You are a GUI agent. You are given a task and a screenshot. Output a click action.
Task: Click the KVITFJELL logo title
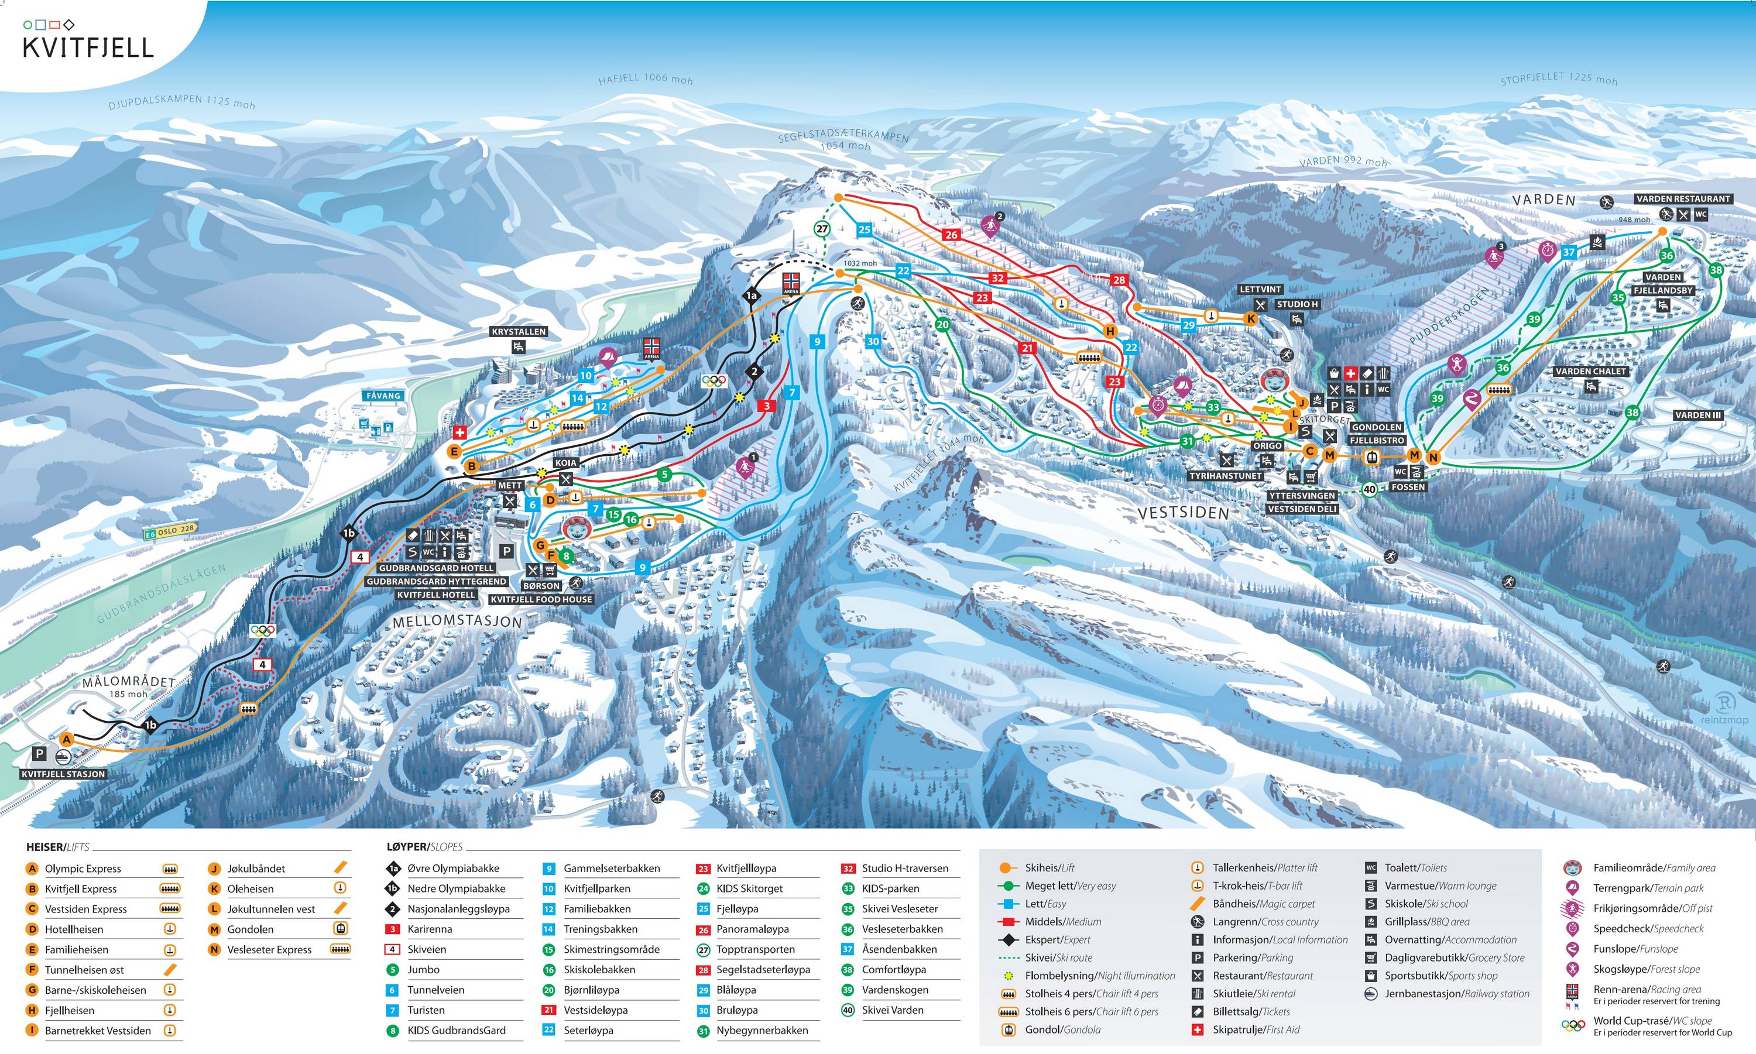pos(88,47)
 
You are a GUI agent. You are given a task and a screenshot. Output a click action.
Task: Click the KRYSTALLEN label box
pos(519,332)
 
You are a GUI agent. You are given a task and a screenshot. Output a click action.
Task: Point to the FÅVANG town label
pos(383,396)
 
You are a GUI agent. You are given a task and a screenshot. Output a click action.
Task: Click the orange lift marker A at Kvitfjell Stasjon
pos(66,739)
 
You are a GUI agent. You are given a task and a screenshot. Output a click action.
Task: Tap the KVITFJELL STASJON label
pos(63,774)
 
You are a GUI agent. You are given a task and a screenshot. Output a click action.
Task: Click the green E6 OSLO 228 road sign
pos(170,531)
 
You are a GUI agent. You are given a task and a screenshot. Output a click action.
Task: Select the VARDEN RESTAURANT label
pos(1683,199)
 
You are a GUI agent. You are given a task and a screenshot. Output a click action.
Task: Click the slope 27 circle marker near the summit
pos(822,229)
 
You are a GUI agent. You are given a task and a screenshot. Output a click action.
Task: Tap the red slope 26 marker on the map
pos(951,234)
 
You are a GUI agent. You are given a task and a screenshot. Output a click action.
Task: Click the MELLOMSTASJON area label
pos(457,622)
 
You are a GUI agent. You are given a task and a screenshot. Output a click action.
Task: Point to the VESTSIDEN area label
pos(1183,513)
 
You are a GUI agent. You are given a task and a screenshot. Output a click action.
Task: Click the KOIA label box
pos(565,462)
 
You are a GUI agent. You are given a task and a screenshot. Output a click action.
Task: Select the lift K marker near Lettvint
pos(1251,319)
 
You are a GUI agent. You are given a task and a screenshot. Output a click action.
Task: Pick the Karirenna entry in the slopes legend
pos(429,929)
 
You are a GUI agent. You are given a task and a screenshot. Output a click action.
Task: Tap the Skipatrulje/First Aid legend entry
pos(1256,1029)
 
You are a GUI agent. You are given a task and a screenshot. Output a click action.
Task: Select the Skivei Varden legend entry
pos(892,1010)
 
